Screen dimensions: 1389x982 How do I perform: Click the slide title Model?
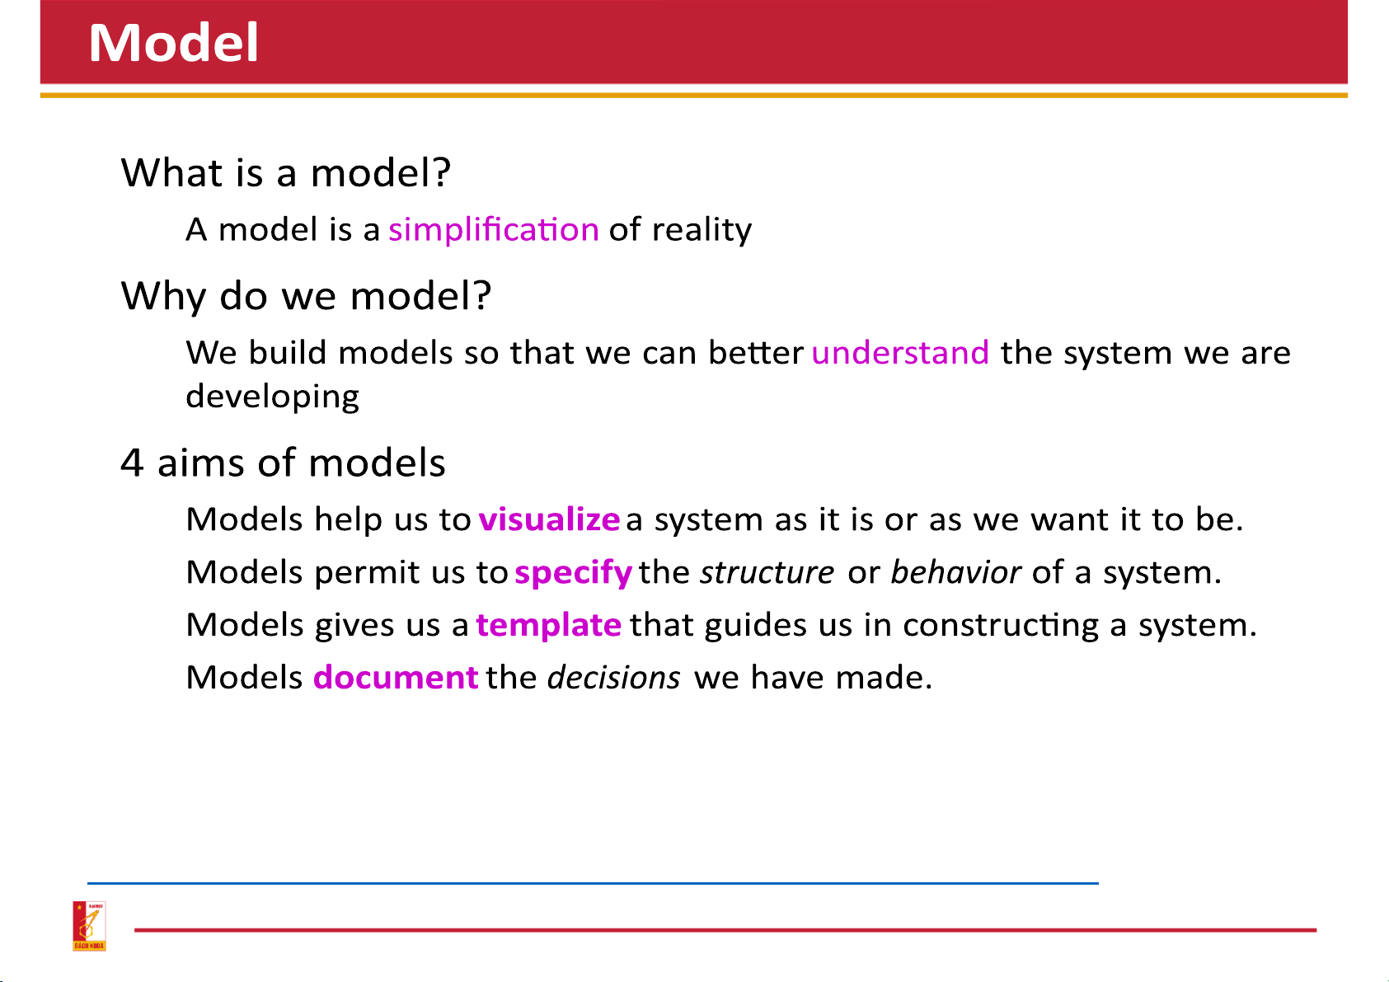174,42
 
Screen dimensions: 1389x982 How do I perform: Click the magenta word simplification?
494,229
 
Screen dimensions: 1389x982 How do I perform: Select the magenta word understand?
899,352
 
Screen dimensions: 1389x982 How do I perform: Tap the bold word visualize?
549,519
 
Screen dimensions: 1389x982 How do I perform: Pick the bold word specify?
573,572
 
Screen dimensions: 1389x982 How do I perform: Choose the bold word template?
548,624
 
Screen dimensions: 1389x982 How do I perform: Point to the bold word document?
396,677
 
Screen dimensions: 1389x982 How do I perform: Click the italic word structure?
767,572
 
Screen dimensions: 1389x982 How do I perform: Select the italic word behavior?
955,571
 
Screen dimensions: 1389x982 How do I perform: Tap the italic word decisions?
613,677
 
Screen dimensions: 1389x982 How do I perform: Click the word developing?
272,397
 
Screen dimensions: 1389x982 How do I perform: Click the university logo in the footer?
89,926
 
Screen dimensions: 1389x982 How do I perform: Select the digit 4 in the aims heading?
132,463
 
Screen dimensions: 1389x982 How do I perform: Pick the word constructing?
1000,625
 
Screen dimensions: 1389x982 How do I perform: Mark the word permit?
367,572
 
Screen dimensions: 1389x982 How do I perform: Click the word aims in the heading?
201,463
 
